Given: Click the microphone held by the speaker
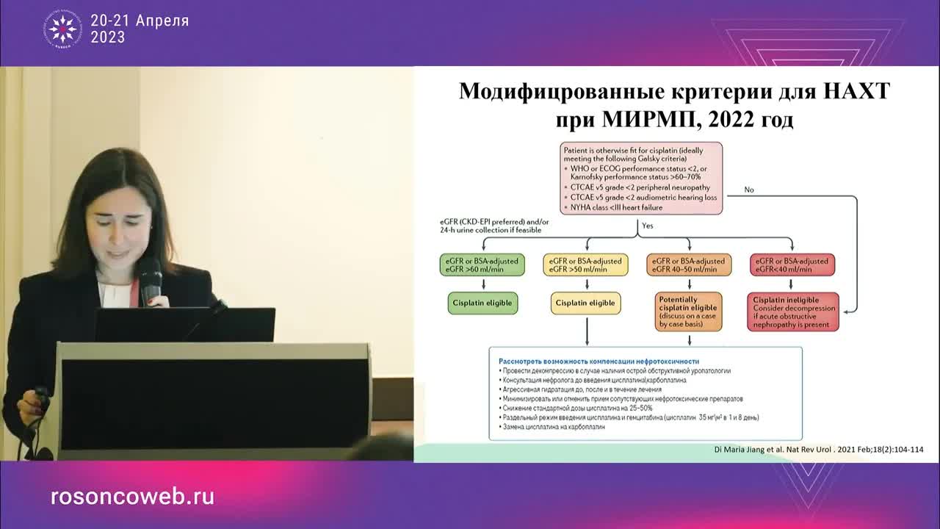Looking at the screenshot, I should coord(151,279).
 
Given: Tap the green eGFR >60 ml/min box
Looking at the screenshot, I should coord(482,265).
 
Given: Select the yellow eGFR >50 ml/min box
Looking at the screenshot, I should coord(586,265).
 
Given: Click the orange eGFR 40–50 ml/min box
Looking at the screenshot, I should coord(689,265).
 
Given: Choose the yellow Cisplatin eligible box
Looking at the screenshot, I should coord(585,303).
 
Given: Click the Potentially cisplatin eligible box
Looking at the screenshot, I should coord(689,312).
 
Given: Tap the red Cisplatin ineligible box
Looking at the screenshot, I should coord(792,312).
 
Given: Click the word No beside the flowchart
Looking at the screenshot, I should coord(749,190).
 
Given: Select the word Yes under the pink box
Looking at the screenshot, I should coord(648,226).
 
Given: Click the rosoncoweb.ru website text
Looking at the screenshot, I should coord(132,497).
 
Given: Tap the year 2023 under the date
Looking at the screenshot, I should coord(107,37).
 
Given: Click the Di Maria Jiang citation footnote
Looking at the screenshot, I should coord(818,450).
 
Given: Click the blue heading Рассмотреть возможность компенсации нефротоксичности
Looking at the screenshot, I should coord(599,361).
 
